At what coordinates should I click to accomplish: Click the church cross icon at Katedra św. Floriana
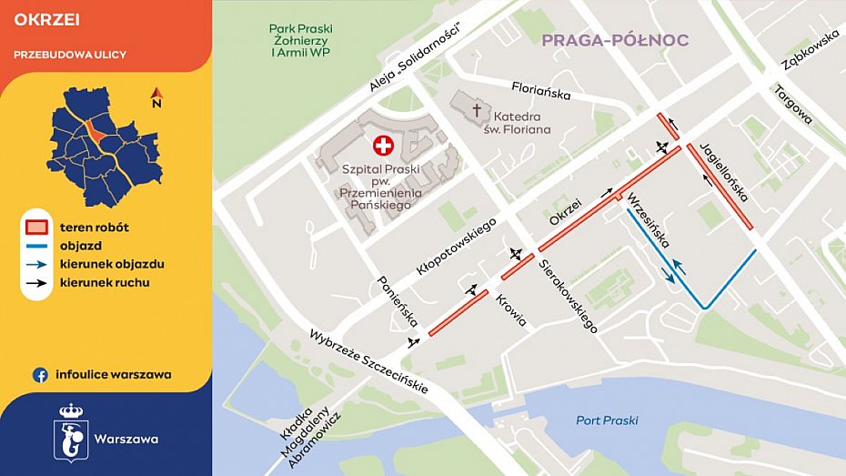(x=476, y=111)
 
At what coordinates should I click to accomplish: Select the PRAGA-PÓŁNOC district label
(x=615, y=40)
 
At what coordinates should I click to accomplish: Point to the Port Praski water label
(x=607, y=420)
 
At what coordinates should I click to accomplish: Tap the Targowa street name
(x=792, y=104)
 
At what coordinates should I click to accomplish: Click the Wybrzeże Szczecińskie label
(x=368, y=360)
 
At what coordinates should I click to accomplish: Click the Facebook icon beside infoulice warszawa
(x=40, y=374)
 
